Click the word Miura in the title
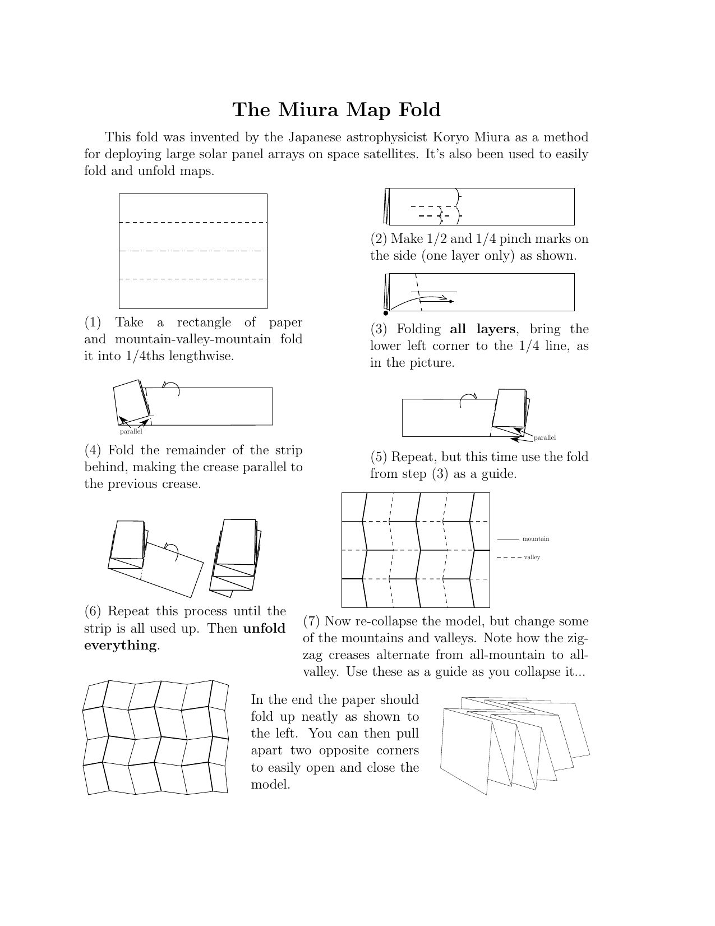(x=308, y=109)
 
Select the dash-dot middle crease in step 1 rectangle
(x=193, y=251)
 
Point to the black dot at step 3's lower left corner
(x=386, y=314)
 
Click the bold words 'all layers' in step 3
(x=482, y=329)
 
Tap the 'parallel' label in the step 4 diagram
(x=131, y=432)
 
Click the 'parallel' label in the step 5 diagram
(x=545, y=437)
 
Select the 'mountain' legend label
(x=536, y=539)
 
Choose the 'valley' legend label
(x=532, y=558)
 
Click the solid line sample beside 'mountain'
(x=508, y=540)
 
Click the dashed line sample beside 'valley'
(x=508, y=558)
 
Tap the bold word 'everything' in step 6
(x=120, y=646)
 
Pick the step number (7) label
(x=312, y=621)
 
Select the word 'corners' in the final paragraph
(x=396, y=750)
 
